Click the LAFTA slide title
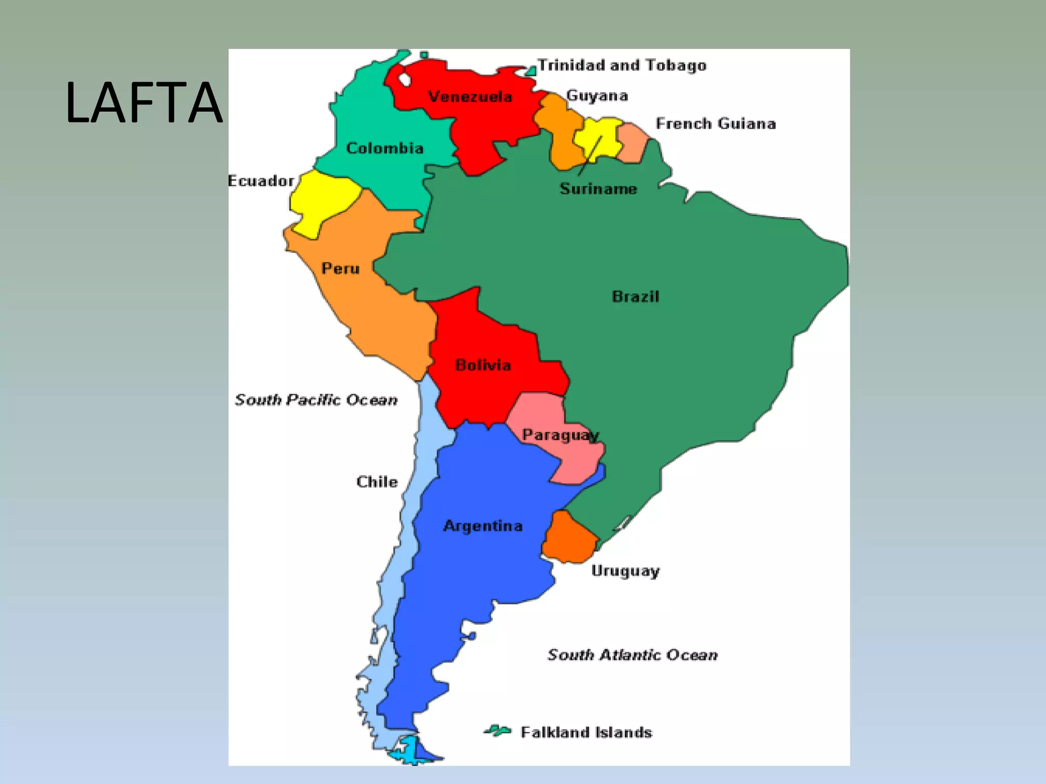pos(144,104)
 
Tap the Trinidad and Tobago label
pos(622,65)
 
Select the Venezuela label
pos(470,96)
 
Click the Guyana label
pos(597,95)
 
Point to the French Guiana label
pos(716,124)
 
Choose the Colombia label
pos(385,148)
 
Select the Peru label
pos(340,268)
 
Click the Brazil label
pos(635,297)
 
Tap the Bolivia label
pos(483,365)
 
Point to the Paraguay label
pos(560,435)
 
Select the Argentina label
pos(483,526)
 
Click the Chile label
pos(377,482)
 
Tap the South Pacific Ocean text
pos(316,400)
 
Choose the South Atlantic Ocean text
pos(632,655)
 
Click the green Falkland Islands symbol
pos(497,731)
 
